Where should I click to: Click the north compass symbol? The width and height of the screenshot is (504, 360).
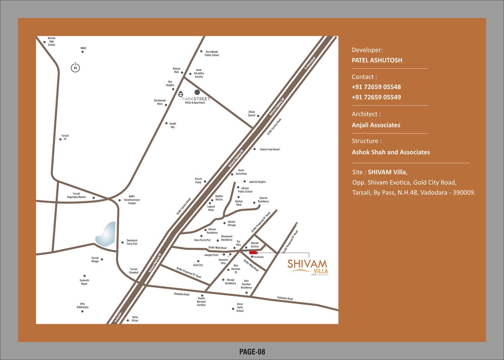tap(75, 67)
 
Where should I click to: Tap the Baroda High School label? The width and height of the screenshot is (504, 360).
tap(51, 42)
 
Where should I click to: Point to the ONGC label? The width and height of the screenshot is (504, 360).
tap(83, 48)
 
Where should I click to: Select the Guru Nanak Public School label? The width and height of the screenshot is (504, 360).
tap(212, 53)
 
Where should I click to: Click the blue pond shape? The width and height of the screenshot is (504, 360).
tap(105, 234)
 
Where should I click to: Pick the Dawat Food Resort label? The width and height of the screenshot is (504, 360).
tap(270, 149)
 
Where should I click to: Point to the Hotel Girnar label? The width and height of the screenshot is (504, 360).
tap(135, 319)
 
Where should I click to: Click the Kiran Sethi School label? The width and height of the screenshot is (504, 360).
tap(240, 307)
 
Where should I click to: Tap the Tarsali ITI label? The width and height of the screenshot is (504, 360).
tap(65, 137)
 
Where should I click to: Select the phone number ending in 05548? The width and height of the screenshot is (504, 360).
tap(376, 87)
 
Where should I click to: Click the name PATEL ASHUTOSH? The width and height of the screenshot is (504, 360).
tap(377, 60)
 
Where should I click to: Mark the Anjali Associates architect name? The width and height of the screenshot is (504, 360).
tap(376, 125)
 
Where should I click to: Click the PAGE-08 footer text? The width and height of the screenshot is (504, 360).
tap(252, 352)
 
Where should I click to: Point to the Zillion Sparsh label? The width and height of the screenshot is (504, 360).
tap(251, 113)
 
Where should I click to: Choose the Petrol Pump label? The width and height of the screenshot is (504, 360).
tap(198, 180)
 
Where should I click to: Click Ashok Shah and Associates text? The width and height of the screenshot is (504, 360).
tap(391, 152)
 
